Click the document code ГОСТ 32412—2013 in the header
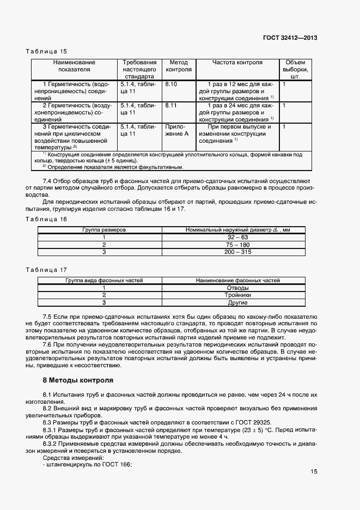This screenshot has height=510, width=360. [x=290, y=38]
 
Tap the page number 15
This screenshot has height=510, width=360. [x=314, y=472]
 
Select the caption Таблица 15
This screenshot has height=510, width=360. [x=46, y=51]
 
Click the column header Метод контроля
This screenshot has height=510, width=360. [x=179, y=66]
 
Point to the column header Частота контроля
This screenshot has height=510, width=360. [x=237, y=63]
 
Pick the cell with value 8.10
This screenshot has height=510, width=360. [x=171, y=85]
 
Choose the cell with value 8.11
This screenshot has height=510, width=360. [x=171, y=105]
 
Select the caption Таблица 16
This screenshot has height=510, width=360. [x=46, y=219]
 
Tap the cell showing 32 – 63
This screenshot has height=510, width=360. [x=237, y=238]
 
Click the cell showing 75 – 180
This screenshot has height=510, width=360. [x=237, y=245]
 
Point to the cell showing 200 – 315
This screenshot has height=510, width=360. [x=237, y=252]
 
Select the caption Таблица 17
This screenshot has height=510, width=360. [x=46, y=270]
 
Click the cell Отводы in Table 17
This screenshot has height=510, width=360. [x=237, y=288]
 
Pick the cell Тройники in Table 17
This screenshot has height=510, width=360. [x=237, y=295]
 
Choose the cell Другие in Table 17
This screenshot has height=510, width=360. [x=237, y=302]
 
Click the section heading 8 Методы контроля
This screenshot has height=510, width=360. [x=78, y=380]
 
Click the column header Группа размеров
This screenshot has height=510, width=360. [x=104, y=230]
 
